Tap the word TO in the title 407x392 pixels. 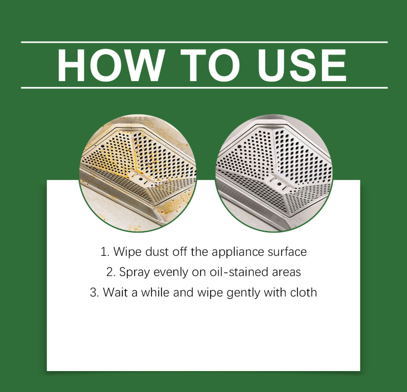click(210, 65)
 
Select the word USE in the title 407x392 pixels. click(302, 65)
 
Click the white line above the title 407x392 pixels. click(204, 42)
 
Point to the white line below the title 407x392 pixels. click(204, 88)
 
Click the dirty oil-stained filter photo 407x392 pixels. click(138, 173)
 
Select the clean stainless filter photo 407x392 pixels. click(274, 173)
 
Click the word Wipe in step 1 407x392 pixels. click(127, 252)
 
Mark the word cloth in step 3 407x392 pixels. click(303, 292)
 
